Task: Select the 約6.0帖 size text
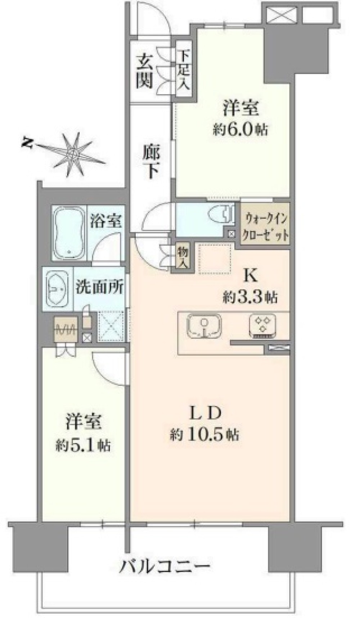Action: coord(240,130)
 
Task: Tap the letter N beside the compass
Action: coord(26,143)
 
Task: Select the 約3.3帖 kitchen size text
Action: coord(249,297)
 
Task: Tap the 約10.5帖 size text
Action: coord(204,435)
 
